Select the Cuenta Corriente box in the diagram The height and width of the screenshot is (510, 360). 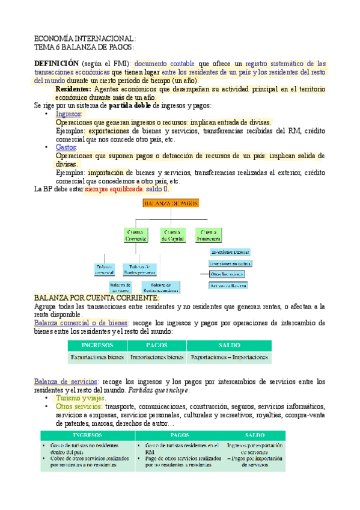136,235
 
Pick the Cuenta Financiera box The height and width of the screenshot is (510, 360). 209,235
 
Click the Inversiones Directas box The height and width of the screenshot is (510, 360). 230,253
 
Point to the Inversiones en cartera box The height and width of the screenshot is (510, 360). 230,263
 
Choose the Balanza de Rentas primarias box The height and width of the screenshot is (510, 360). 139,268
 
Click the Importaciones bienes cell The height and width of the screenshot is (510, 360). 157,357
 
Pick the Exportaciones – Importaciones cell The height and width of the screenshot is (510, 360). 228,357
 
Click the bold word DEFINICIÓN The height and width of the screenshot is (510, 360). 56,63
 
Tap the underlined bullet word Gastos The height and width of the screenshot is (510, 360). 66,147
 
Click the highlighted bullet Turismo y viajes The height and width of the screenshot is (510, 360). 80,398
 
